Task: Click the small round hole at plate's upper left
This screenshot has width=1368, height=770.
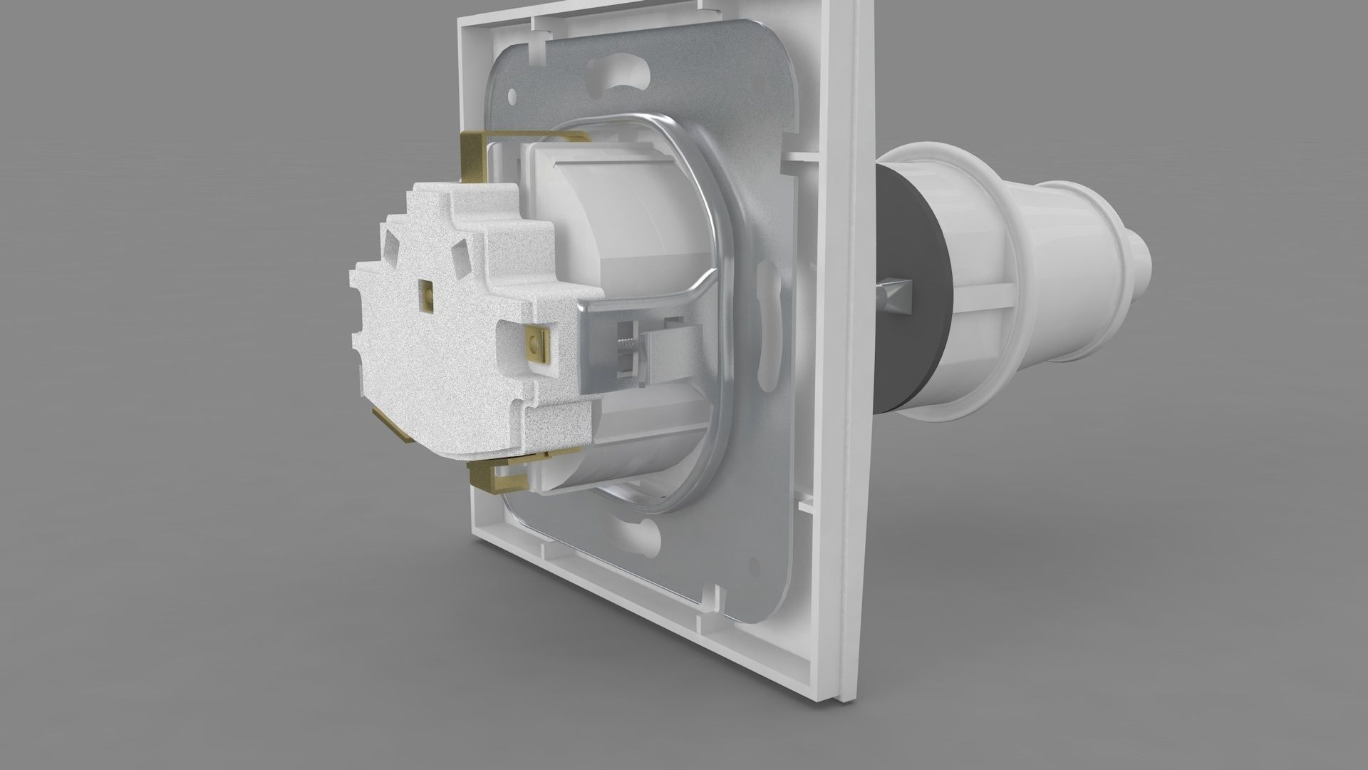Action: [512, 95]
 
